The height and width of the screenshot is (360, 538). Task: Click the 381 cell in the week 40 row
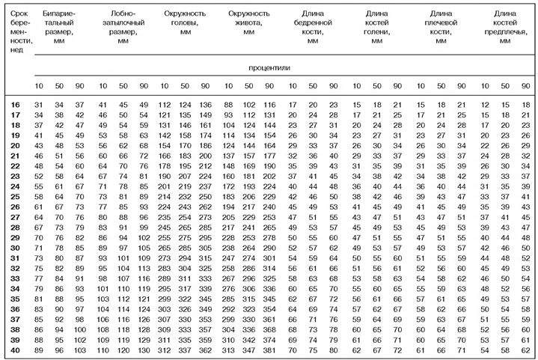270,350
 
